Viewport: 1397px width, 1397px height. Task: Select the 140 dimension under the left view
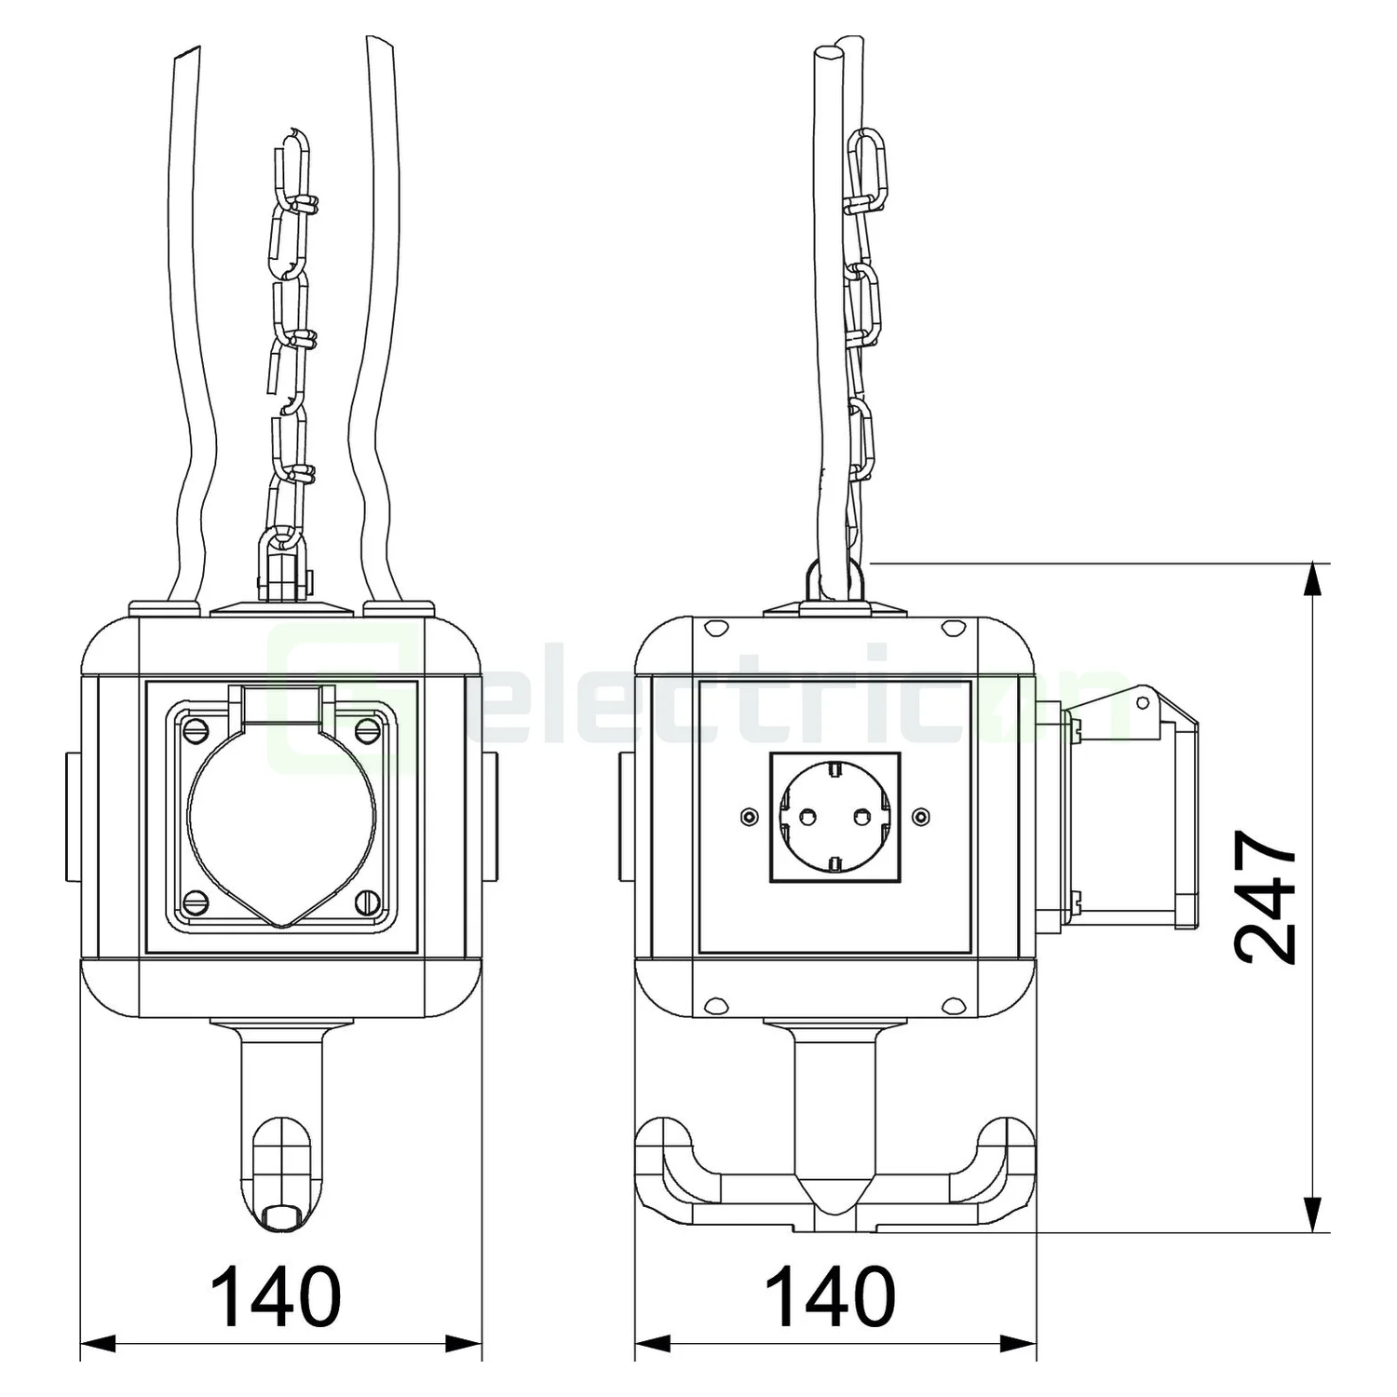tap(276, 1296)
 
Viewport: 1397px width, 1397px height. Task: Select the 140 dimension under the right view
tap(831, 1296)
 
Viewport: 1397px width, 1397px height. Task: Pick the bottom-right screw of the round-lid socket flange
tap(369, 901)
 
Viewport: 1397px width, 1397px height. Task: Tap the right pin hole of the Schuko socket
tap(861, 817)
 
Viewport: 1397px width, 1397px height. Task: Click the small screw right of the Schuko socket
tap(920, 817)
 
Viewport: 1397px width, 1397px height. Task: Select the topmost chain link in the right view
tap(868, 164)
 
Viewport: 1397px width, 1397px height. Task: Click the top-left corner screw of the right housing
tap(715, 630)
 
